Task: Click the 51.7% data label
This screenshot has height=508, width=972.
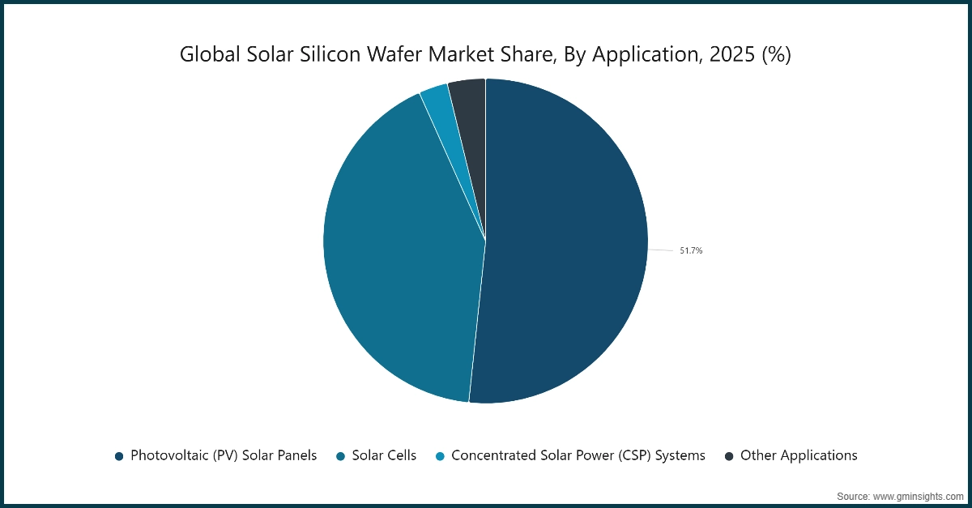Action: click(x=691, y=251)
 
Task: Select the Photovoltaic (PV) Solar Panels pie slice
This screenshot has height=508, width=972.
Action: click(x=567, y=243)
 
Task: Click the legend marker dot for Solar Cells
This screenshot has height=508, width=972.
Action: click(x=341, y=456)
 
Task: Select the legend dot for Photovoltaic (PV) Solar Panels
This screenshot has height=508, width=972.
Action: click(x=119, y=456)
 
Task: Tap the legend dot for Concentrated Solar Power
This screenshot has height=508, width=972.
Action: click(x=440, y=456)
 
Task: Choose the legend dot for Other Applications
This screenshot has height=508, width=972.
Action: click(x=729, y=456)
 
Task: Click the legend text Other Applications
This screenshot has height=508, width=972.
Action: click(x=799, y=455)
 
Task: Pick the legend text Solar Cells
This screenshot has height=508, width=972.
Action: click(x=385, y=455)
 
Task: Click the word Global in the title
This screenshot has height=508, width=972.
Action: click(x=202, y=55)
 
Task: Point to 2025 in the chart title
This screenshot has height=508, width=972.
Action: click(x=730, y=55)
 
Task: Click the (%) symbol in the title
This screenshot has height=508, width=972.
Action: click(x=776, y=55)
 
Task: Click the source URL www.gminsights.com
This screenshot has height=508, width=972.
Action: click(x=916, y=495)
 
